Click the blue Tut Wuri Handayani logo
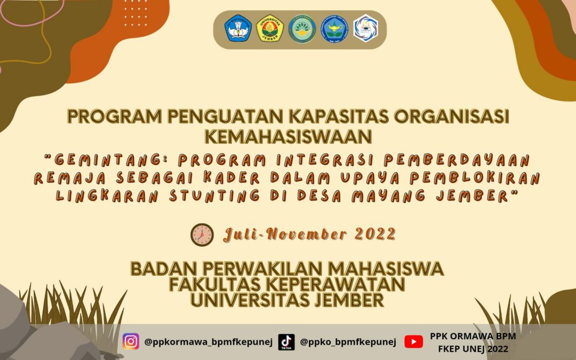coord(238,29)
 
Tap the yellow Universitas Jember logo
coord(270,29)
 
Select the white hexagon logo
coord(366,28)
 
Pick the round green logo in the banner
coord(302,29)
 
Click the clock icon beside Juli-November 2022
coord(202,235)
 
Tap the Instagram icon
coord(131,341)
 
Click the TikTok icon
coord(286,342)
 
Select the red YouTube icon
coord(413,341)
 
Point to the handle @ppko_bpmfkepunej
coord(348,342)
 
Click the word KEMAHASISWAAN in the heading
coord(288,136)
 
